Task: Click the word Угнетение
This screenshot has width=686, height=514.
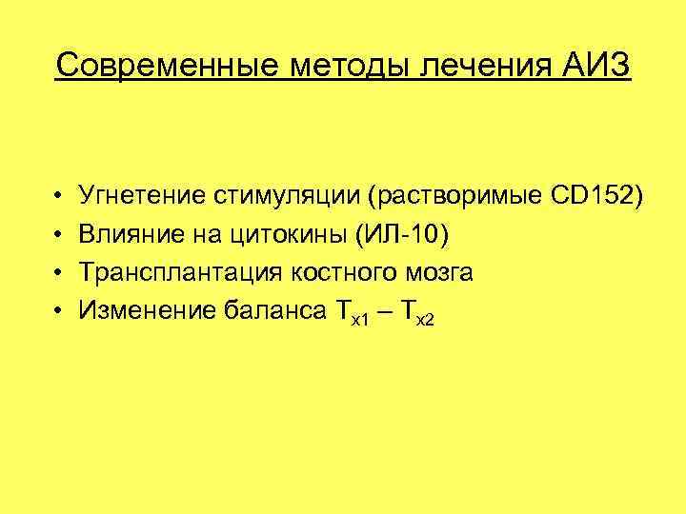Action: coord(146,196)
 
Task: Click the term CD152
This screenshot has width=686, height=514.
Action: coord(586,196)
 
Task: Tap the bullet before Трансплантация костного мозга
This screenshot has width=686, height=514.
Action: coord(59,272)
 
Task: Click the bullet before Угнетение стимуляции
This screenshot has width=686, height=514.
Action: coord(59,197)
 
